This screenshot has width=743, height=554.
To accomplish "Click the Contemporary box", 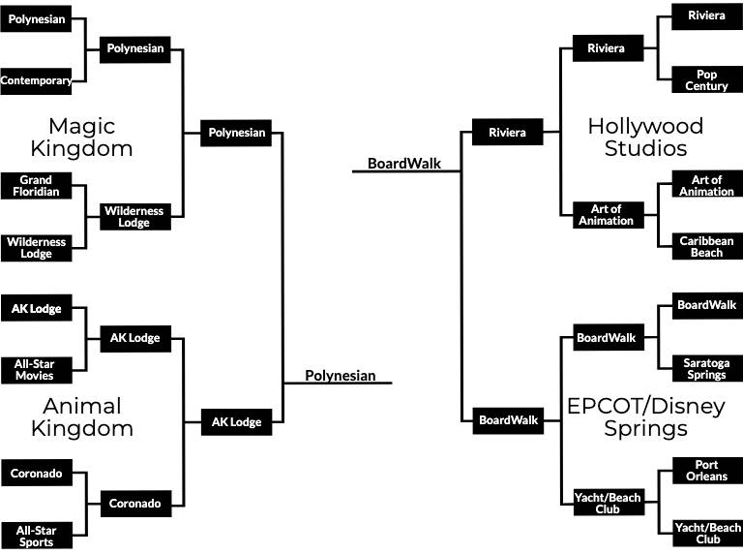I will tap(36, 80).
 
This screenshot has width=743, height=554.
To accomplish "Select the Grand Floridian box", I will tap(36, 186).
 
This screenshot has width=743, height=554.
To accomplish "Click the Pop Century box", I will tap(706, 80).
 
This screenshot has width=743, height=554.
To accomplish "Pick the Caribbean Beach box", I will tap(706, 246).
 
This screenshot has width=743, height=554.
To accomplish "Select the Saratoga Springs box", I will tap(706, 368).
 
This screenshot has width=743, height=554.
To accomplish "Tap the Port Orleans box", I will tap(706, 470).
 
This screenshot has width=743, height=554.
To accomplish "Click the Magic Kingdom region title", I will tap(81, 137).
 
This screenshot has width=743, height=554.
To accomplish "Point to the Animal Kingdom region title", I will tap(81, 416).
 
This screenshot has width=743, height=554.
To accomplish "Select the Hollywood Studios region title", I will tap(645, 137).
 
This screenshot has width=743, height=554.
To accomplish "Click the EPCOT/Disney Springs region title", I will tap(645, 416).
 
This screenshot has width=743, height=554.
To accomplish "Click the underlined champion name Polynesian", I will tap(340, 376).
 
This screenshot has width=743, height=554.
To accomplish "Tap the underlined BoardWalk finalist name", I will tap(404, 164).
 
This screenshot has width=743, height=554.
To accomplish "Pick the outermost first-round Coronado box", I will tap(36, 474).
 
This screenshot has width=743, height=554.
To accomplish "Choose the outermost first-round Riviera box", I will tap(706, 16).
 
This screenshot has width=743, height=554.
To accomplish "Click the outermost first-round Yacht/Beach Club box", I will tap(706, 534).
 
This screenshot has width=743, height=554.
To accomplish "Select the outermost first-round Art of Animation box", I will tap(706, 186).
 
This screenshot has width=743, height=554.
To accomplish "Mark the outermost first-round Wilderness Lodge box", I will tap(36, 247).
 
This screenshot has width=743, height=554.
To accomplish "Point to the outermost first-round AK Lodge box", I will tap(36, 309).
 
